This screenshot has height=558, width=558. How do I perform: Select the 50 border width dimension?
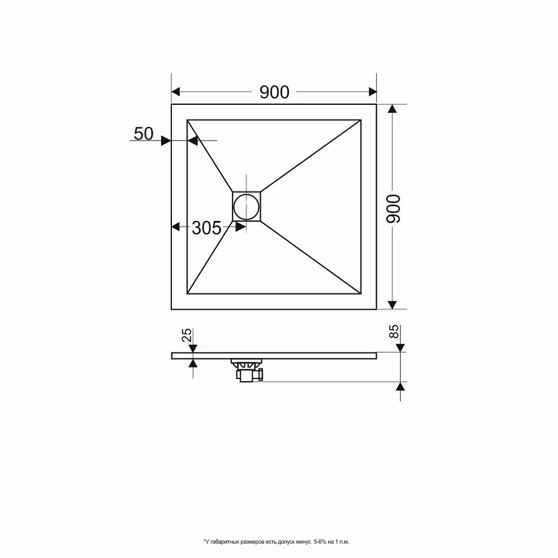[x=143, y=133]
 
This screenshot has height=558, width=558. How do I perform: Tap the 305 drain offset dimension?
[x=206, y=228]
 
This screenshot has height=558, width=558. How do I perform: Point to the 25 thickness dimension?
[x=187, y=335]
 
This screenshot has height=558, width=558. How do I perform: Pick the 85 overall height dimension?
[x=394, y=331]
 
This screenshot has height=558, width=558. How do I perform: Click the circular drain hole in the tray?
[x=246, y=206]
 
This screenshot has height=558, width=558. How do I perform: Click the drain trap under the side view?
[x=247, y=371]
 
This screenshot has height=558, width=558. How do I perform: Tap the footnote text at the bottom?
[x=279, y=541]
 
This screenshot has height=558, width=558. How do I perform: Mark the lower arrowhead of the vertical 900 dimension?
[x=393, y=304]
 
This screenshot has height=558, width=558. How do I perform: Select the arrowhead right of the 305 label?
[x=241, y=227]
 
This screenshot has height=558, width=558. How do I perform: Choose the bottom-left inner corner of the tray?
[x=187, y=294]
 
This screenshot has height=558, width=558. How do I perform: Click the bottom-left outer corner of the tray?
[x=171, y=309]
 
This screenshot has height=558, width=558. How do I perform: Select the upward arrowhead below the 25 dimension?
[x=193, y=363]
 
